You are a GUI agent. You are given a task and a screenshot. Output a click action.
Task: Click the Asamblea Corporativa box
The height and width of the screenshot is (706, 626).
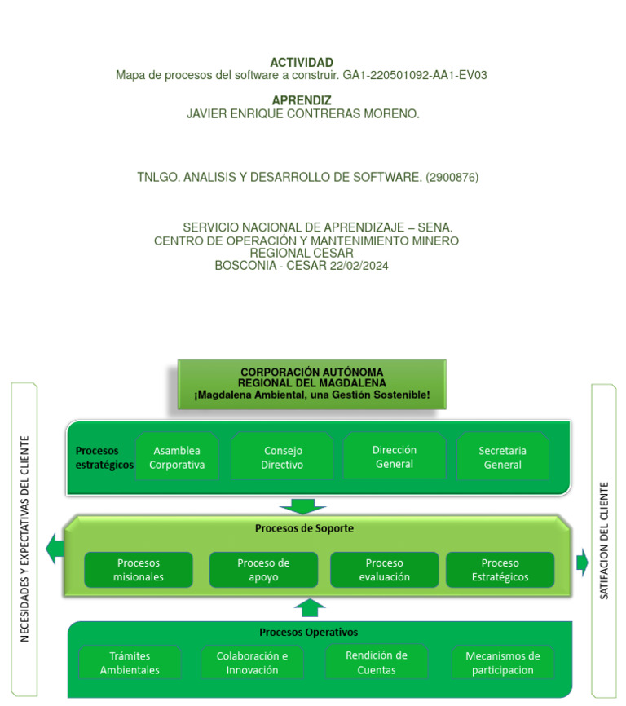pyautogui.click(x=177, y=457)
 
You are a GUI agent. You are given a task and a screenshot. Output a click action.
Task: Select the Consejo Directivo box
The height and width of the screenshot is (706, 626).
pyautogui.click(x=282, y=457)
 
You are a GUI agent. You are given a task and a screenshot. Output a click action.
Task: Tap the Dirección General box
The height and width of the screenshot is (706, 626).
pyautogui.click(x=395, y=457)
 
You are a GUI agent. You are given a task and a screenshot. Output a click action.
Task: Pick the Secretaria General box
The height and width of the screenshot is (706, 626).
pyautogui.click(x=502, y=457)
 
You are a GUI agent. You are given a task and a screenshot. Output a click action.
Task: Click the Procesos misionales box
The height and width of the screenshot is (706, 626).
pyautogui.click(x=139, y=570)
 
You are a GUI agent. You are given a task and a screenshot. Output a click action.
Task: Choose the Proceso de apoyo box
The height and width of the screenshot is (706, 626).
pyautogui.click(x=263, y=570)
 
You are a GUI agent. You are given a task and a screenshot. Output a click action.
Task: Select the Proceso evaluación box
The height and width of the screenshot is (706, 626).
pyautogui.click(x=384, y=570)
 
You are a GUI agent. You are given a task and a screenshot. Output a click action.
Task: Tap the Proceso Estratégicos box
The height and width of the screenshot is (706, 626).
pyautogui.click(x=500, y=570)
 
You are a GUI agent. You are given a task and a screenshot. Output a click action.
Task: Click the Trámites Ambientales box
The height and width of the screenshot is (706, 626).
pyautogui.click(x=130, y=663)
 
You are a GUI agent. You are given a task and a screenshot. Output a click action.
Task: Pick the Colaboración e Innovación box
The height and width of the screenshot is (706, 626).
pyautogui.click(x=252, y=663)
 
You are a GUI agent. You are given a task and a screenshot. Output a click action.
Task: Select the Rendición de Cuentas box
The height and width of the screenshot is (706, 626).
pyautogui.click(x=376, y=662)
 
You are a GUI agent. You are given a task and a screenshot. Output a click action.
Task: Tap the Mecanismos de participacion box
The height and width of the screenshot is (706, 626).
pyautogui.click(x=502, y=663)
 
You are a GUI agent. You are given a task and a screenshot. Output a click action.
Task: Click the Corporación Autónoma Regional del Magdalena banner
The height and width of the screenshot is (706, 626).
pyautogui.click(x=311, y=384)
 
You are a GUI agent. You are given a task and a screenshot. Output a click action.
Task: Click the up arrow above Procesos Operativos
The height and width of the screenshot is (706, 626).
pyautogui.click(x=309, y=607)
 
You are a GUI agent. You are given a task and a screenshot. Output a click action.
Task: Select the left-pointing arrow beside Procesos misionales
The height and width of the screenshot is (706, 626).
pyautogui.click(x=55, y=549)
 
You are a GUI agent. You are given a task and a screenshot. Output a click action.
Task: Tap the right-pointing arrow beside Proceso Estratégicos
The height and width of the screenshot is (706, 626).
pyautogui.click(x=582, y=562)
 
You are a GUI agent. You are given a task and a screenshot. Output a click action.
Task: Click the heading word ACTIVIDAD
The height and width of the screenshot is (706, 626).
pyautogui.click(x=302, y=63)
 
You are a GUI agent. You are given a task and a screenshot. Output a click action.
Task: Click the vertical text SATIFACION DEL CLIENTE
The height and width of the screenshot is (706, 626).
pyautogui.click(x=604, y=541)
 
